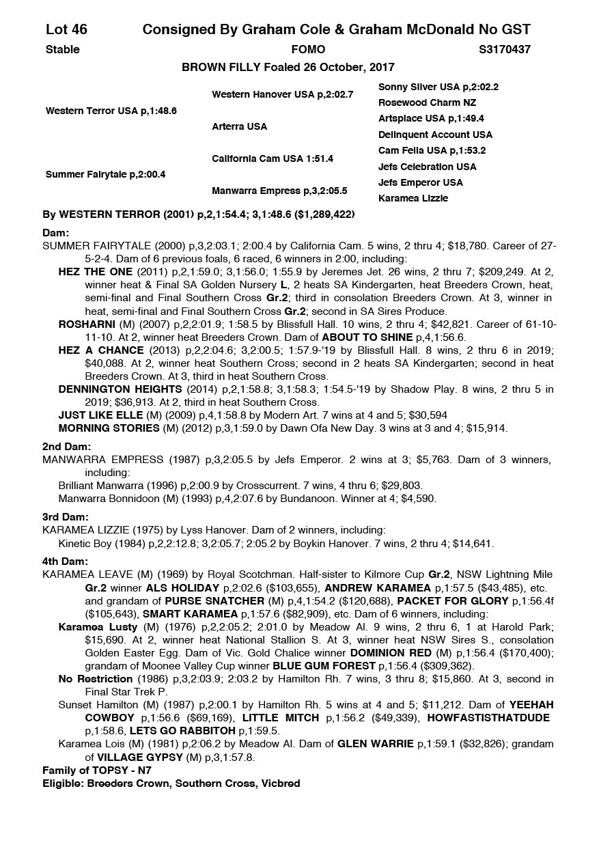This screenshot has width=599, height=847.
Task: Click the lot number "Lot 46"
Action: [x=66, y=29]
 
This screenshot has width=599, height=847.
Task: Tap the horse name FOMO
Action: [x=308, y=49]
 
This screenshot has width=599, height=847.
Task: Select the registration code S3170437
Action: [x=505, y=49]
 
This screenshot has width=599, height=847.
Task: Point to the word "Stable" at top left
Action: [x=62, y=49]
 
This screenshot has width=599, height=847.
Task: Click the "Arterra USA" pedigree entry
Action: [x=239, y=126]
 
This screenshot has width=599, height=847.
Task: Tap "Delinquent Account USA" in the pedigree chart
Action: [x=435, y=135]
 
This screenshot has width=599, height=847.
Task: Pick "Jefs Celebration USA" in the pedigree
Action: [x=427, y=167]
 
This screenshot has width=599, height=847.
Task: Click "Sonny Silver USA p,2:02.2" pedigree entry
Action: [x=438, y=87]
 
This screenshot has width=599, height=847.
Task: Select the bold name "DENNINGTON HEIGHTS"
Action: [x=113, y=389]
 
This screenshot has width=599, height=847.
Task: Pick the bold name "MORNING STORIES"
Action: [x=109, y=428]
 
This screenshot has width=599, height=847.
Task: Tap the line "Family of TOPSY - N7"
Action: [x=96, y=770]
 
